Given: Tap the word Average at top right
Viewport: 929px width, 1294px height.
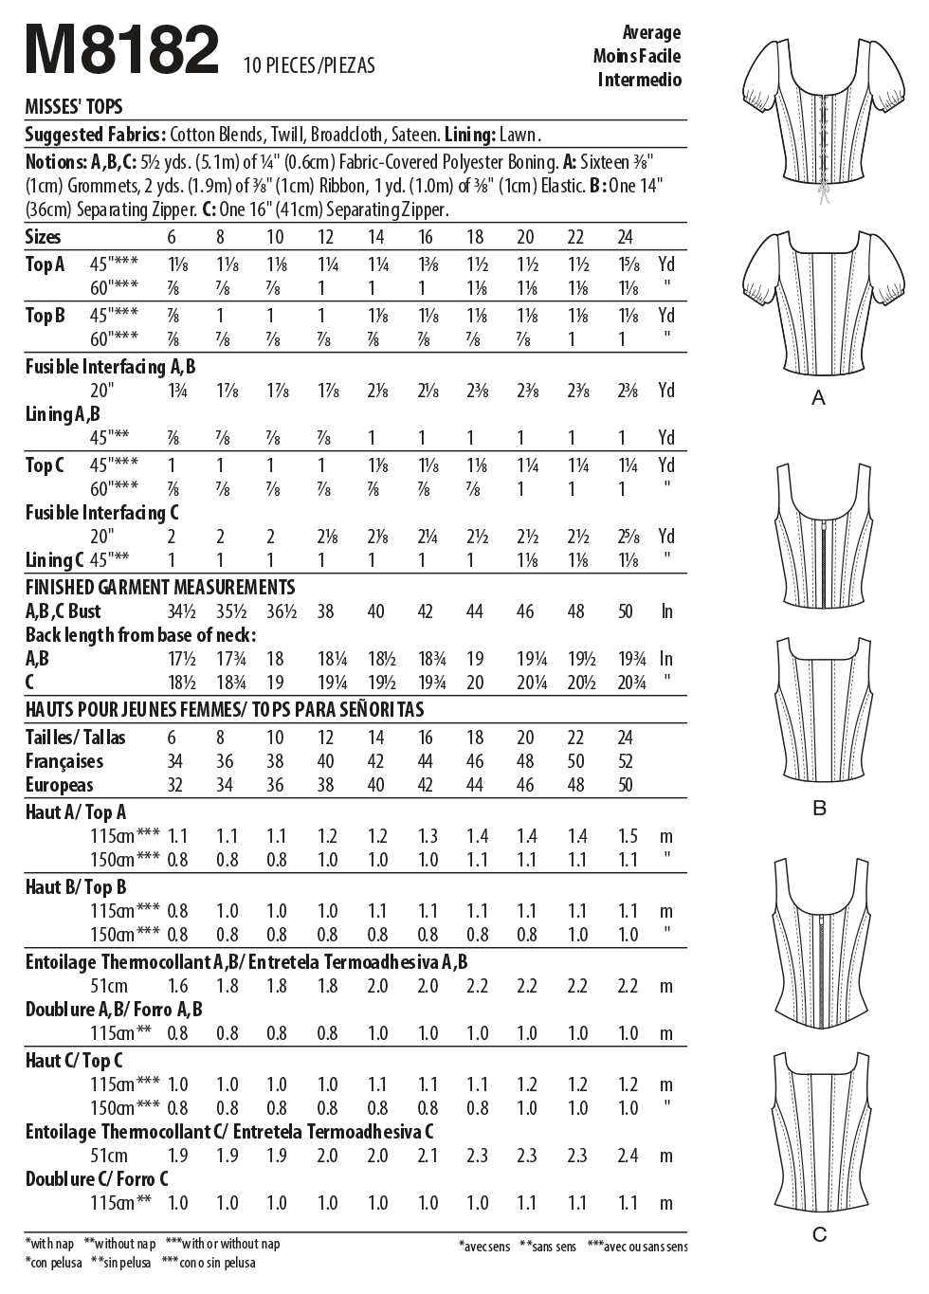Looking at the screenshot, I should (651, 32).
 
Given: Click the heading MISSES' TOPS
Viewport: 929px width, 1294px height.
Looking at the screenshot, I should (73, 107).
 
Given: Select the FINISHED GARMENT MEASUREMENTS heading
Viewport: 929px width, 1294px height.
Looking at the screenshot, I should (160, 588).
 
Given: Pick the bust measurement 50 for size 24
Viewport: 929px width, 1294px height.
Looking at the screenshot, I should (625, 611).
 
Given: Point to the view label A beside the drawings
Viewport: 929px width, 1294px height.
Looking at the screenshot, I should (819, 399).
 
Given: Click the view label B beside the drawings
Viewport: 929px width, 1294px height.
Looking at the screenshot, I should (820, 809).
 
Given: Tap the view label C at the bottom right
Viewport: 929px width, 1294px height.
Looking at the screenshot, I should (820, 1234).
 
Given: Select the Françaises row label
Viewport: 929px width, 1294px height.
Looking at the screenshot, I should (64, 761).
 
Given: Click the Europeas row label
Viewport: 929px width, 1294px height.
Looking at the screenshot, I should (60, 785).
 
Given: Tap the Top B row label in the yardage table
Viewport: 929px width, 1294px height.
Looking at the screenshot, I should (45, 316).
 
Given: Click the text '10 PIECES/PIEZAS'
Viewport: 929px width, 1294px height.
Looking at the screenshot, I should (309, 65).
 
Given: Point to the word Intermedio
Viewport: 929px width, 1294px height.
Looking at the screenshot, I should (639, 80).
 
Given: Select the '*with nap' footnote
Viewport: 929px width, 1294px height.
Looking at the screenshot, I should (50, 1244).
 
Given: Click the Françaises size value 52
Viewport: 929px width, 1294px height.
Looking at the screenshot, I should (625, 761).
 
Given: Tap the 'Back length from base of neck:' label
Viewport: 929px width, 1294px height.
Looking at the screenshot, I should (141, 635).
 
